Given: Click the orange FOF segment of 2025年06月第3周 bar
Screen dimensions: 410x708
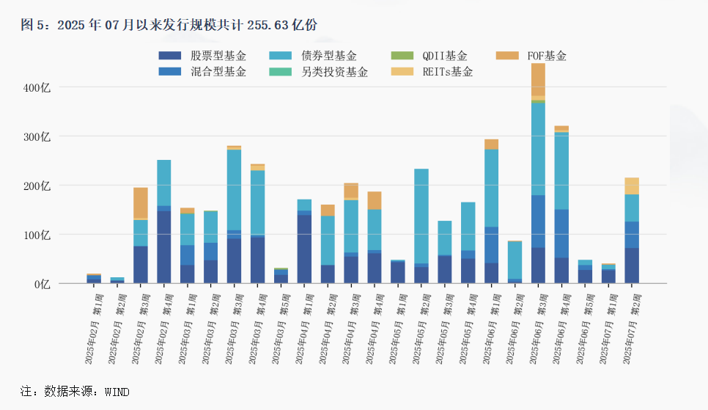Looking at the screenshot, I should [538, 79].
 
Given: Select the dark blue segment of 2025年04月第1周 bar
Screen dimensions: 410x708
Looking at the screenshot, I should [304, 249].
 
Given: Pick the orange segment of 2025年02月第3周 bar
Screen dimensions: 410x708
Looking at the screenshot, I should [141, 202].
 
